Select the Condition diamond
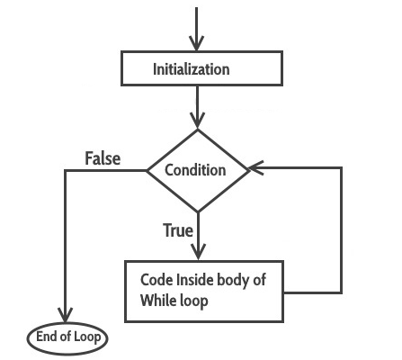[197, 169]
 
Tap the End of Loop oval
[67, 338]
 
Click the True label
[178, 230]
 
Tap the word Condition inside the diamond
[197, 169]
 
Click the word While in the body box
[157, 301]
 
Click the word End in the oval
[46, 338]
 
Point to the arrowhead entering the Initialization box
[197, 45]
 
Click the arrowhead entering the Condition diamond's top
[197, 121]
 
